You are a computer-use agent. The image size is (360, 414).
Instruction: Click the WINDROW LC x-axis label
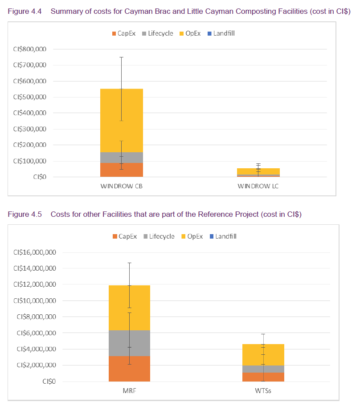click(258, 186)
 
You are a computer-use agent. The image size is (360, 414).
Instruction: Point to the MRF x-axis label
click(129, 391)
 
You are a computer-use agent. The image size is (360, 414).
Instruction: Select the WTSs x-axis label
click(263, 391)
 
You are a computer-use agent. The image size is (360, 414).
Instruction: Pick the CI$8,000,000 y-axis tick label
click(37, 317)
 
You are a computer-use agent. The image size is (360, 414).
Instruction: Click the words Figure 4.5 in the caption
click(25, 214)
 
